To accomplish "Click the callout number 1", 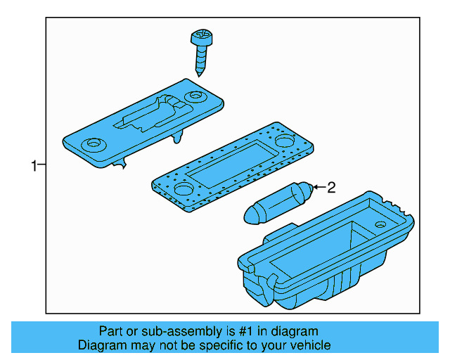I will [34, 166].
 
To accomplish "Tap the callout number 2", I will [331, 187].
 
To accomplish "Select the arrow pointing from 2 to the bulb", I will [318, 187].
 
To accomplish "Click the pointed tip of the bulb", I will [248, 214].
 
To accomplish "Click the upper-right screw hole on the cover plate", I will [193, 96].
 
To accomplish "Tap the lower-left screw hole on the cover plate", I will [91, 145].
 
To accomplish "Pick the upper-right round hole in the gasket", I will [284, 141].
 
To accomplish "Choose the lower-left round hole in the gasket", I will [182, 189].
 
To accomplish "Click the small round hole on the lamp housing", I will [380, 224].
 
